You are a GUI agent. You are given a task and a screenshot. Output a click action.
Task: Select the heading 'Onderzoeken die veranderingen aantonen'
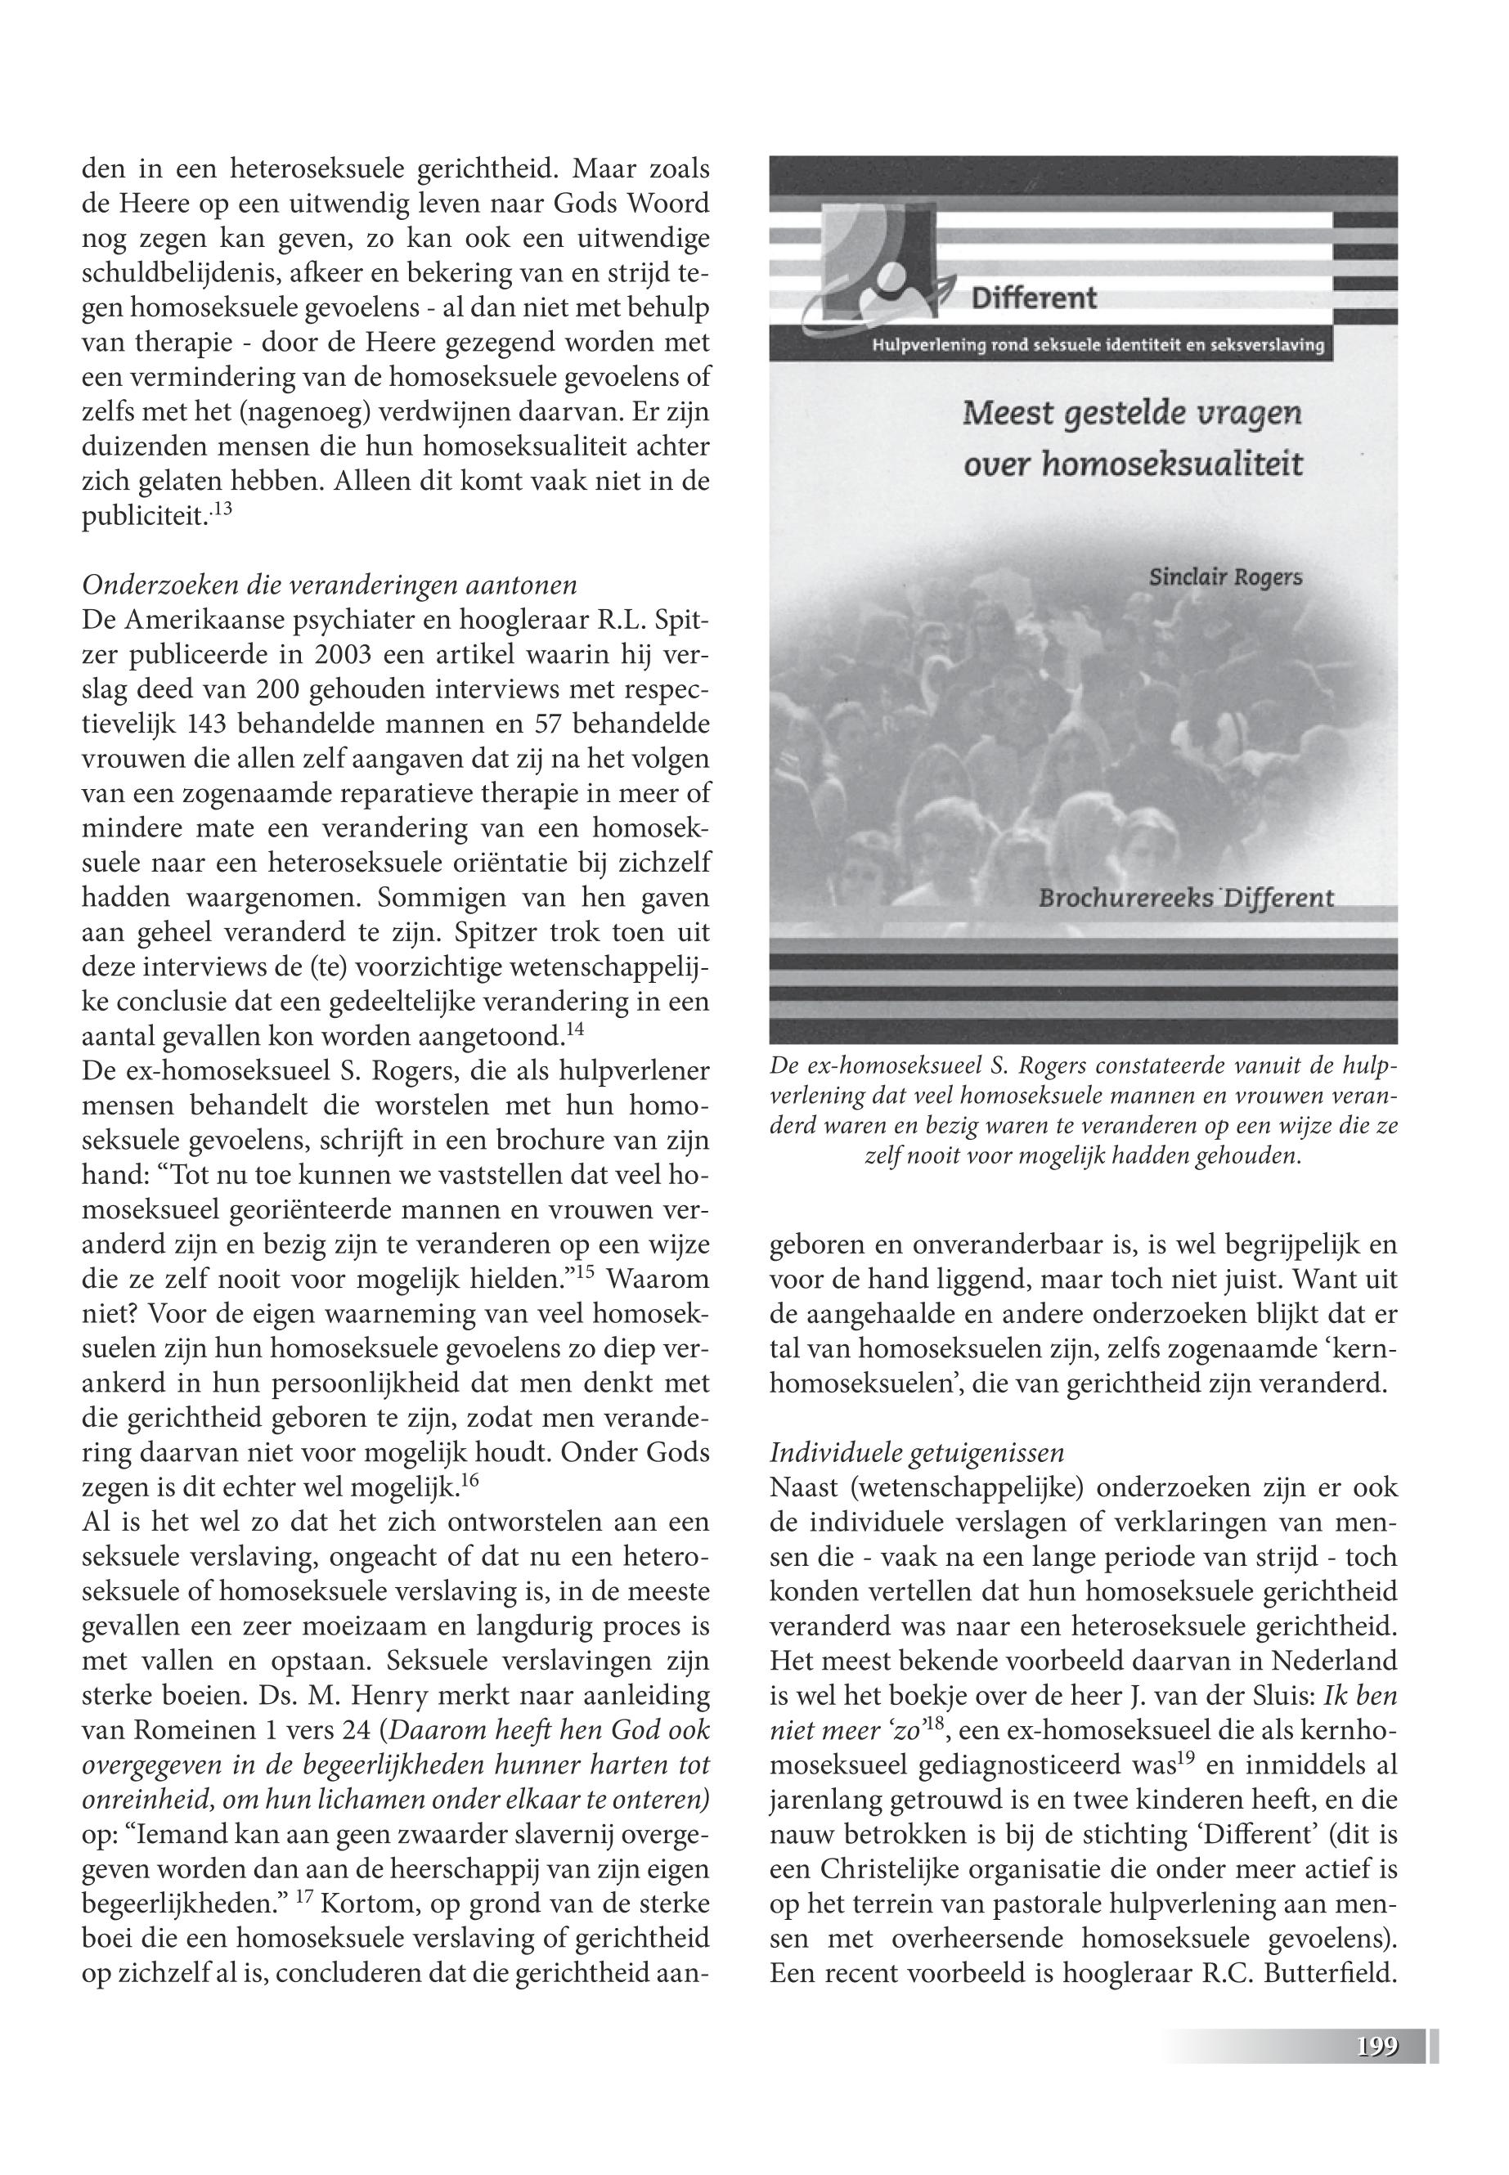tap(329, 585)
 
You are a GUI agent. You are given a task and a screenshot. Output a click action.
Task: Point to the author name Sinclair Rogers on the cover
tap(1225, 576)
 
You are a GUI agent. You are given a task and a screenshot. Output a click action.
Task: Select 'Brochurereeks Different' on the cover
tap(1186, 898)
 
